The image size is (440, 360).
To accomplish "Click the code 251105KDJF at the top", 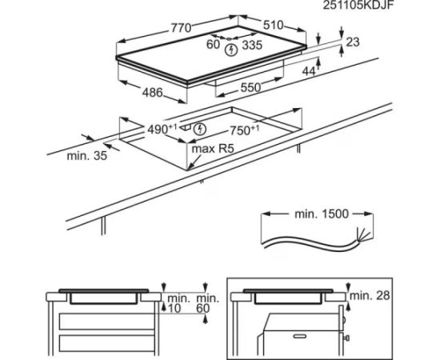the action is [358, 6].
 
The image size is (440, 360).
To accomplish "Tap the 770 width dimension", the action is [181, 28].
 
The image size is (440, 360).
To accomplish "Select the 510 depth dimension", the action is [274, 26].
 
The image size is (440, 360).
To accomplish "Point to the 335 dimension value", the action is [252, 45].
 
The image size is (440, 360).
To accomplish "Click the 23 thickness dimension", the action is [353, 42].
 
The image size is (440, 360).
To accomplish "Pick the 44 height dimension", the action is [309, 71].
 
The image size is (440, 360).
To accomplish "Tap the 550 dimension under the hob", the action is [250, 87].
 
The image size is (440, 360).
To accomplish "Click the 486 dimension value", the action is [152, 92].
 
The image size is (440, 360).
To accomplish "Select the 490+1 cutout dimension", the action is [162, 129].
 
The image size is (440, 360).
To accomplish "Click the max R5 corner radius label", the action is [213, 149].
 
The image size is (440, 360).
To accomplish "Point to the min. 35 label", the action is [87, 155].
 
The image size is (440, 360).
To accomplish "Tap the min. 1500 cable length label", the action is [322, 214].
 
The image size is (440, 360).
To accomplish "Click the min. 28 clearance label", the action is [370, 295].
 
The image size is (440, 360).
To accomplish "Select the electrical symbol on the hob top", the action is [231, 50].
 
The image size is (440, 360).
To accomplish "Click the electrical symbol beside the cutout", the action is [200, 129].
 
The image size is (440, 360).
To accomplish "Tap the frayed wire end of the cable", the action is [364, 234].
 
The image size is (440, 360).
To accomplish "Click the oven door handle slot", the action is [299, 336].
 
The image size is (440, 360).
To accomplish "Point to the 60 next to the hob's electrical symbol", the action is [213, 44].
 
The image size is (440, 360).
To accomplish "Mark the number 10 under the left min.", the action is [174, 308].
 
